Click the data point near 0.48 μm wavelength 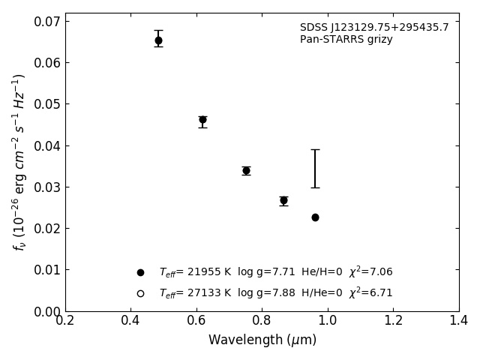pyautogui.click(x=158, y=40)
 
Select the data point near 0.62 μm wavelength pyautogui.click(x=202, y=120)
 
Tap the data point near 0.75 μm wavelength pyautogui.click(x=246, y=171)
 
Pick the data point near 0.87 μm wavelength pyautogui.click(x=283, y=200)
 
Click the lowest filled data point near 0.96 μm pyautogui.click(x=315, y=217)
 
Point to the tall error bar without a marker pyautogui.click(x=315, y=169)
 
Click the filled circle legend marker pyautogui.click(x=140, y=272)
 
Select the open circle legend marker pyautogui.click(x=140, y=293)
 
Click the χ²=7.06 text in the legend pyautogui.click(x=370, y=271)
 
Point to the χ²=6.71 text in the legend pyautogui.click(x=370, y=292)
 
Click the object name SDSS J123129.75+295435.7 pyautogui.click(x=374, y=28)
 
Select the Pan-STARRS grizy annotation pyautogui.click(x=346, y=40)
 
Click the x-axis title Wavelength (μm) pyautogui.click(x=262, y=340)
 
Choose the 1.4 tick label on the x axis pyautogui.click(x=459, y=320)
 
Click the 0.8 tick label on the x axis pyautogui.click(x=262, y=320)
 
